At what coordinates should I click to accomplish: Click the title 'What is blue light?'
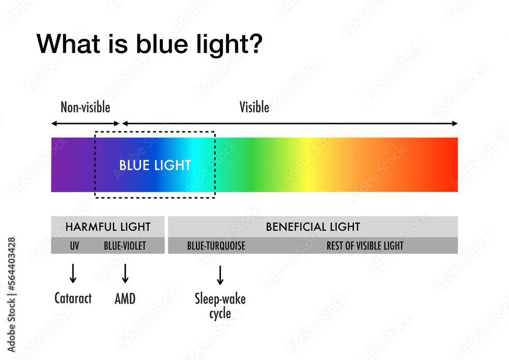(149, 44)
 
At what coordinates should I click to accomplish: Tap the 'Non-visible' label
(86, 107)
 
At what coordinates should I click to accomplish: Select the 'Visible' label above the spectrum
(254, 107)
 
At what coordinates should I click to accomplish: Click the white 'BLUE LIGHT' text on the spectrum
(155, 165)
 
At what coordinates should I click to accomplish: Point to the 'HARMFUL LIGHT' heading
(108, 227)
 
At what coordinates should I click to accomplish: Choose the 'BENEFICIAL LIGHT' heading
(313, 227)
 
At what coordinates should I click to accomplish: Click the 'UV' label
(74, 246)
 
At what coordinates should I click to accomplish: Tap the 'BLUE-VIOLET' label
(125, 246)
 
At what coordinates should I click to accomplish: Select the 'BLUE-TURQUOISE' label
(216, 246)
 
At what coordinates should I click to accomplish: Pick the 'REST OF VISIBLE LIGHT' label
(365, 246)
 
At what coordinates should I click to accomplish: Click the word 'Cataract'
(73, 298)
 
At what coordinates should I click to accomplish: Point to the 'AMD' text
(125, 299)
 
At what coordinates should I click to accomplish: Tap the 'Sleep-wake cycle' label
(220, 306)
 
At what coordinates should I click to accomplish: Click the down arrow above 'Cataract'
(73, 273)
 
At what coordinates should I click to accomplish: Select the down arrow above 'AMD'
(125, 273)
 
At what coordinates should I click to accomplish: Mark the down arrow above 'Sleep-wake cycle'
(220, 275)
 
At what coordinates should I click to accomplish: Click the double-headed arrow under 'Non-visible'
(86, 123)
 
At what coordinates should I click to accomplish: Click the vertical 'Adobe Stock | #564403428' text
(11, 294)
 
